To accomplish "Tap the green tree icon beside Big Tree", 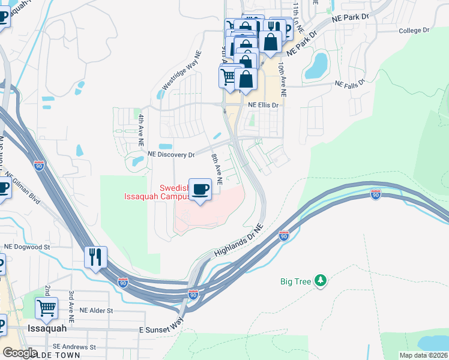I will point(321,280).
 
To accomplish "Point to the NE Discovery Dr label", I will point(176,155).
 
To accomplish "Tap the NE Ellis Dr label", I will point(264,105).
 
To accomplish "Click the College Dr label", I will point(414,30).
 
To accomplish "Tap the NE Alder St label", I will point(97,311).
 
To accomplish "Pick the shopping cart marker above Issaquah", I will point(46,308).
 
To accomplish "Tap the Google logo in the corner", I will point(20,353).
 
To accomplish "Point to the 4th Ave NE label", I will point(141,131).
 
